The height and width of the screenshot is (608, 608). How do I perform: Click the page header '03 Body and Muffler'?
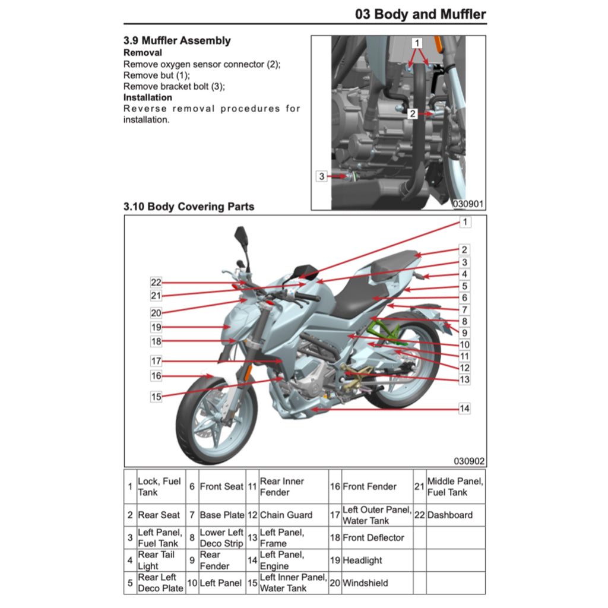420,14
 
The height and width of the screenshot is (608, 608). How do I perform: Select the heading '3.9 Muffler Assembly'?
177,41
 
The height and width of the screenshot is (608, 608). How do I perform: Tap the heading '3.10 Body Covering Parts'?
189,207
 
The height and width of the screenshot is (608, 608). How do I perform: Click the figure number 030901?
468,204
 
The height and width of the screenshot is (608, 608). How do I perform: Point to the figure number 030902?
469,461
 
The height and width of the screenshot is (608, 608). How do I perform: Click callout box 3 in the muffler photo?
321,176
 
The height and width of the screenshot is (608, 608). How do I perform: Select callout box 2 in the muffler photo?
412,113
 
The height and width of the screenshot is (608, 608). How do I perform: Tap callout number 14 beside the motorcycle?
464,408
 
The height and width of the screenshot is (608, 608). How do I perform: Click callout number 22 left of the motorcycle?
156,283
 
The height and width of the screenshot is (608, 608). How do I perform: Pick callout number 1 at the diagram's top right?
465,222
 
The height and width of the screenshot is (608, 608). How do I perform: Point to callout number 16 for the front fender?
156,376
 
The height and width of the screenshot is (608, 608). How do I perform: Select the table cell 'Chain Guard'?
286,515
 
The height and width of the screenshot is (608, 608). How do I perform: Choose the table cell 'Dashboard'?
449,515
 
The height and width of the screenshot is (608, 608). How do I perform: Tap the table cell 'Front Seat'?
221,486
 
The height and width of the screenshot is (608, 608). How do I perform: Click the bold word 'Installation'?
148,97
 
